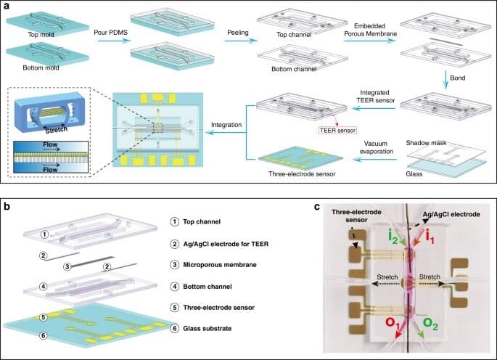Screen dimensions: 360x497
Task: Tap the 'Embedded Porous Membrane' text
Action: [370, 31]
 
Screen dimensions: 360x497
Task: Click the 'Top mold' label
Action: [30, 33]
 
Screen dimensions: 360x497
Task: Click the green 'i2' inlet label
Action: [391, 234]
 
